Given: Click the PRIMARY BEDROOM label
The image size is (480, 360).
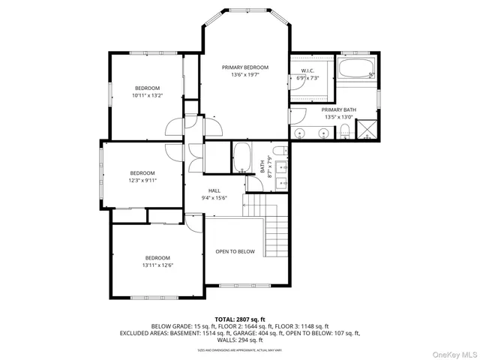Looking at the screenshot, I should pyautogui.click(x=244, y=67).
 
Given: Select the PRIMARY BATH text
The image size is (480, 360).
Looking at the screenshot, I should pyautogui.click(x=340, y=109).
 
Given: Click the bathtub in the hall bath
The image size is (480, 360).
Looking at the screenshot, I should pyautogui.click(x=242, y=158).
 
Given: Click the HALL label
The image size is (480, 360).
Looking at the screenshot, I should pyautogui.click(x=214, y=191).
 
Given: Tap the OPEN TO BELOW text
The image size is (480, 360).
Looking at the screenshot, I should pyautogui.click(x=235, y=251).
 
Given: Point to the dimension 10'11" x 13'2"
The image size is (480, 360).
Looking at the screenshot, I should pyautogui.click(x=147, y=95).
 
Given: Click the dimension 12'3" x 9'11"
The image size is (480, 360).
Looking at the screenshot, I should pyautogui.click(x=142, y=180).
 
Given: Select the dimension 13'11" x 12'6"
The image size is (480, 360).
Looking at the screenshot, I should pyautogui.click(x=157, y=265).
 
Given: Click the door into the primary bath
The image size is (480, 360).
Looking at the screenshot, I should pyautogui.click(x=297, y=117).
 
